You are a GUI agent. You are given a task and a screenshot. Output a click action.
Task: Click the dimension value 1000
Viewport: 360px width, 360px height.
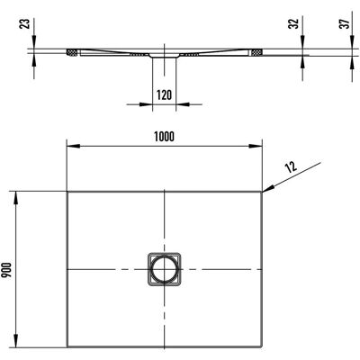pos(164,137)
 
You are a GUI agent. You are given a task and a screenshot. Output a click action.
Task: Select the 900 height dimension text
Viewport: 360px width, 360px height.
pos(7,269)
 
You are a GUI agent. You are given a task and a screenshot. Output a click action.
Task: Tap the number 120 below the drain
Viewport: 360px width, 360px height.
pos(165,95)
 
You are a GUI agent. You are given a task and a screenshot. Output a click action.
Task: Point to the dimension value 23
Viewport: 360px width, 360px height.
pos(25,23)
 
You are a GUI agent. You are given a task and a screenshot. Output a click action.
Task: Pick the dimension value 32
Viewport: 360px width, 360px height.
pos(294,23)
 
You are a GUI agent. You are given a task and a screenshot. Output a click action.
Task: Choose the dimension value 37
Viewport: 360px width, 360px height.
pos(346,23)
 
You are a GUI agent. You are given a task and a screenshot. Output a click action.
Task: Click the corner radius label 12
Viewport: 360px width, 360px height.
pos(291,166)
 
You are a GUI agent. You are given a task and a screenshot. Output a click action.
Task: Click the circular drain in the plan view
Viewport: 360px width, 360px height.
pos(164,269)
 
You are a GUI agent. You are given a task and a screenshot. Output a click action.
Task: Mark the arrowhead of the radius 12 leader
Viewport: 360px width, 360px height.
pos(268,188)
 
